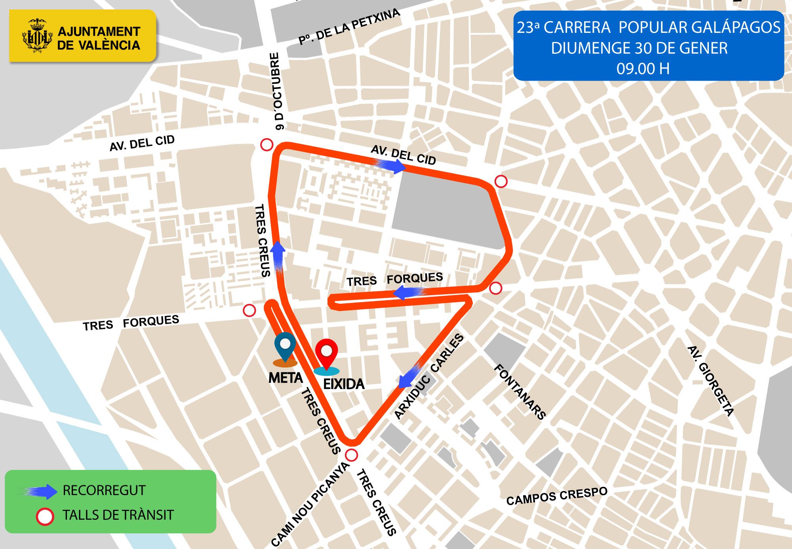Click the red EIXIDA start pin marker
pyautogui.click(x=326, y=353)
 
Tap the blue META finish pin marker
pyautogui.click(x=285, y=346)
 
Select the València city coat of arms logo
pyautogui.click(x=37, y=36)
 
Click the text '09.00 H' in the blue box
pyautogui.click(x=643, y=69)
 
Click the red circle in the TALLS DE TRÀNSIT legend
pyautogui.click(x=45, y=516)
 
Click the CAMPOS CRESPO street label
pyautogui.click(x=556, y=496)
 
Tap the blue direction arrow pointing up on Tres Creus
pyautogui.click(x=278, y=257)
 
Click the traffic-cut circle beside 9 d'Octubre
pyautogui.click(x=267, y=145)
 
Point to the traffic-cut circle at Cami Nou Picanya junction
pyautogui.click(x=351, y=455)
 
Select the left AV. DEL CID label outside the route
pyautogui.click(x=142, y=143)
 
